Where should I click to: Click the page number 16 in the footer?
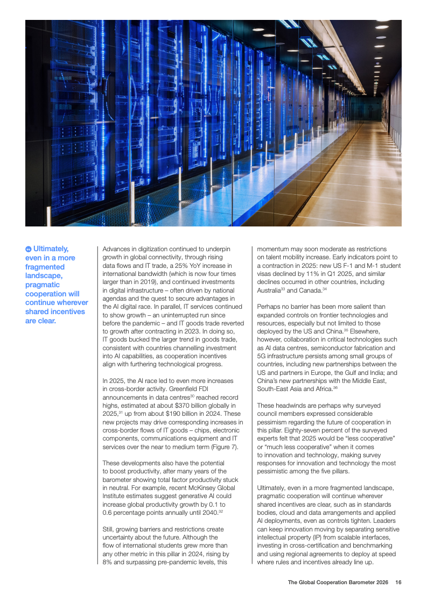point(398,582)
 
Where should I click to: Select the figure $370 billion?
point(188,405)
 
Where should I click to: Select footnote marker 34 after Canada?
point(325,289)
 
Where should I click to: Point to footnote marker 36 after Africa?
point(336,387)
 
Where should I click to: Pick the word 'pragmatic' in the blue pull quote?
point(44,285)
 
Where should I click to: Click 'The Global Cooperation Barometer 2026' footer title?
point(338,582)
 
